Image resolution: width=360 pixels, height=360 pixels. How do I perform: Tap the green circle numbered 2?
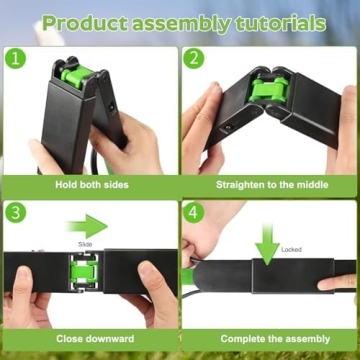(x=194, y=59)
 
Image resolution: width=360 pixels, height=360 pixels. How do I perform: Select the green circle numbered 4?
(x=194, y=213)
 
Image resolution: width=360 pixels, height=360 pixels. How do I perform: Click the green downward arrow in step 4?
(x=267, y=243)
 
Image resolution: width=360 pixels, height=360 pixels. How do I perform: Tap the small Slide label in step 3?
(x=85, y=243)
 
